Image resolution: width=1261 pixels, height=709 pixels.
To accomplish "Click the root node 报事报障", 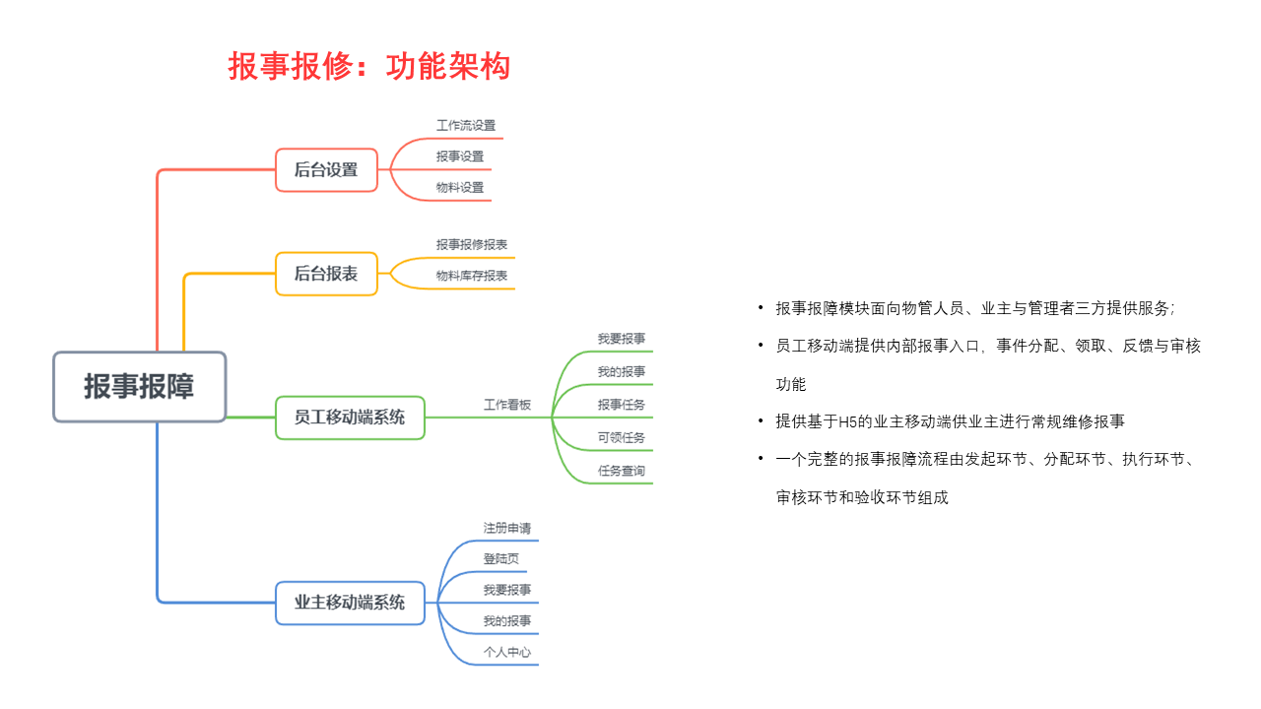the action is point(140,387).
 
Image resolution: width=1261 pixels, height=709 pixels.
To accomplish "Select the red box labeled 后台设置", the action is point(326,170).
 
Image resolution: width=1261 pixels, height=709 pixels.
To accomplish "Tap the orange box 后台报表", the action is point(326,274).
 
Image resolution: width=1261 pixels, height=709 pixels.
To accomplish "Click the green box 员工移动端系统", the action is point(350,418).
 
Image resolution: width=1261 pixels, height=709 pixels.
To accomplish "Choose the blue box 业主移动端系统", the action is point(350,603).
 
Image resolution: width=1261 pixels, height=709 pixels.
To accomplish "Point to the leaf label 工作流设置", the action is point(466,125).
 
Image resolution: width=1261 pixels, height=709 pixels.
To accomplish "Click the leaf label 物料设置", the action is point(460,187).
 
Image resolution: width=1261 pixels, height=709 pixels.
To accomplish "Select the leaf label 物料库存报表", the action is point(472,275).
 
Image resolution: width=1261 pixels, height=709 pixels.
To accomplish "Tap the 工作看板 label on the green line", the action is point(507,405).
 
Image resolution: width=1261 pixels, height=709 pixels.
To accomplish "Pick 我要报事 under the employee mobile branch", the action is point(622,339).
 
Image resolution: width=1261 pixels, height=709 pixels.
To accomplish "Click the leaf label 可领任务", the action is point(622,437).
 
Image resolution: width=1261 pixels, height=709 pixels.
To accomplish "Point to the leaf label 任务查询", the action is point(622,471).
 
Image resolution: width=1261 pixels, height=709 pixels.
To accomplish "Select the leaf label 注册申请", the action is point(507,528).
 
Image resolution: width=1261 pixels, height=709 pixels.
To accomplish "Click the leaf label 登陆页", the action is point(501,558).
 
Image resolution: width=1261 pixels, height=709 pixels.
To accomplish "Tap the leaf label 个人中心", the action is point(507,652).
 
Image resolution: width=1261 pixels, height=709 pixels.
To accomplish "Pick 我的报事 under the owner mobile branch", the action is point(507,620).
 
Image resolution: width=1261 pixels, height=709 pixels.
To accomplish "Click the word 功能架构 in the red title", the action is point(448,66).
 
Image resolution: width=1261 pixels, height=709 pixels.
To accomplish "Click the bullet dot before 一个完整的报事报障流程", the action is point(761,459).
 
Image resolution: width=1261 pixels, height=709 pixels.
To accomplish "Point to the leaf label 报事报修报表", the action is point(472,244).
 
